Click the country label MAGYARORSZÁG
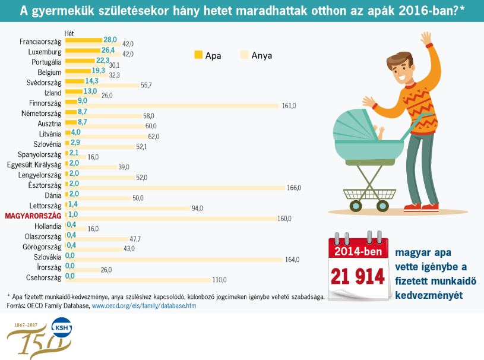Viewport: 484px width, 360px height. [x=33, y=216]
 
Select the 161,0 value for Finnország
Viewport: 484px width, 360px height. [x=289, y=105]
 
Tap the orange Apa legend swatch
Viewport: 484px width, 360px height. [x=198, y=55]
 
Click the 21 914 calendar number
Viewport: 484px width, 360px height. [x=358, y=277]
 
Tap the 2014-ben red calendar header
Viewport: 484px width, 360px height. [x=358, y=251]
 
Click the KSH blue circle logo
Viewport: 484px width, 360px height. [x=61, y=329]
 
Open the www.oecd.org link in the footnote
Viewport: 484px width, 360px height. [x=143, y=306]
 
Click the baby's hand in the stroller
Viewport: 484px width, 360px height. [x=380, y=128]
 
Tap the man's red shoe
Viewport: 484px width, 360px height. [x=429, y=207]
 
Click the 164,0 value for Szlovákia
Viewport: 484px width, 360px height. [x=292, y=259]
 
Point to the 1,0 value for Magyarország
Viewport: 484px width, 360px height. [x=73, y=214]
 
